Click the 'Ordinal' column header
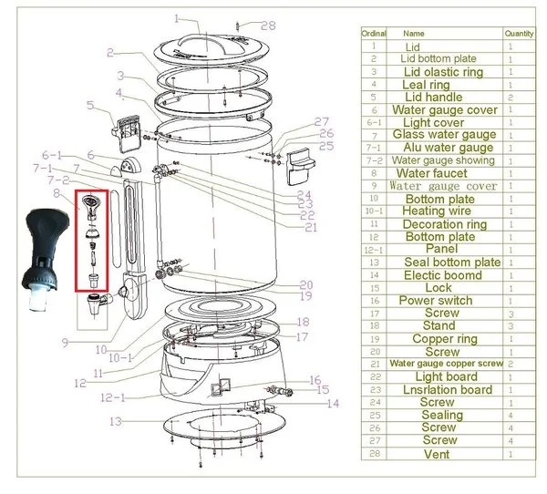click(x=374, y=33)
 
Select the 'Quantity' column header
click(x=519, y=33)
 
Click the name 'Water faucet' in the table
click(x=432, y=173)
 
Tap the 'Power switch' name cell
click(x=436, y=300)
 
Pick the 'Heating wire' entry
click(x=436, y=211)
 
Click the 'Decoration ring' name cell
click(x=445, y=224)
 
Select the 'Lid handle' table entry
click(x=432, y=97)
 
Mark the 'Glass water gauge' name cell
click(x=444, y=135)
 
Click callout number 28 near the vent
click(x=268, y=26)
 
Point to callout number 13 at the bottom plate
click(x=116, y=421)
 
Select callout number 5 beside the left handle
click(x=90, y=106)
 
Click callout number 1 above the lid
click(x=178, y=19)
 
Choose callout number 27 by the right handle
click(x=321, y=121)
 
